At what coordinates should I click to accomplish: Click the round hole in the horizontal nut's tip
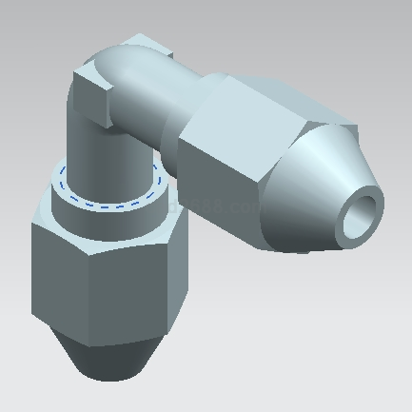click(360, 215)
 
